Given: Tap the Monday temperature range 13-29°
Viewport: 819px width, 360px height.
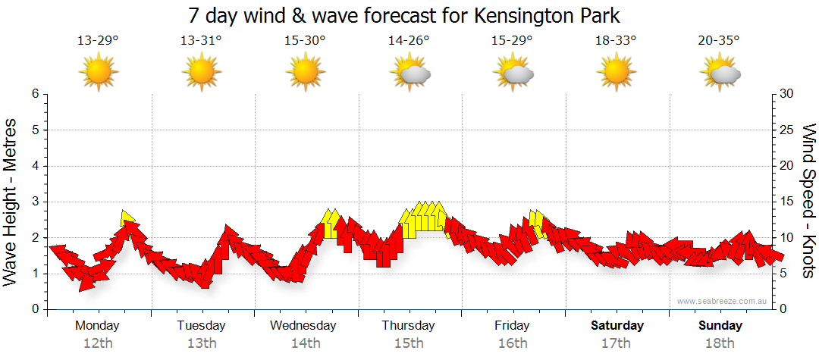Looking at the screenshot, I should [98, 40].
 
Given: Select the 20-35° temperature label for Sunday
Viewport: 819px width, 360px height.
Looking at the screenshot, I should [719, 40].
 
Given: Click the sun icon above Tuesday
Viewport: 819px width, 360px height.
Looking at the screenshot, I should [202, 72].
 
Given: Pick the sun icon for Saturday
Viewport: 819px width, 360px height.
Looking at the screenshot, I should [616, 72].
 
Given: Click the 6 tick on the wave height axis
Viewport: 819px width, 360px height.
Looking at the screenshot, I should [35, 94].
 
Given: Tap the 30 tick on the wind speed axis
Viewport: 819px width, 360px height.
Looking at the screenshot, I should [786, 94].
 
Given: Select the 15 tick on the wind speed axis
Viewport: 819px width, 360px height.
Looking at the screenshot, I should [786, 202].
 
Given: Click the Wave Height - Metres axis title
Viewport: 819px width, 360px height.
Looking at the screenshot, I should [11, 202].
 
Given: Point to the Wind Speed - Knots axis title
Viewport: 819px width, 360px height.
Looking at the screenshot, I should [808, 202].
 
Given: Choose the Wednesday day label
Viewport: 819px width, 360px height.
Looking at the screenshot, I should [303, 326].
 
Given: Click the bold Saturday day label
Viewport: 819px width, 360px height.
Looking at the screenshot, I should [617, 326].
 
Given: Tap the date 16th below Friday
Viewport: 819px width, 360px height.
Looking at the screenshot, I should [513, 343].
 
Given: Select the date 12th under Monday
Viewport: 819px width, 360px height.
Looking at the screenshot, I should [98, 343].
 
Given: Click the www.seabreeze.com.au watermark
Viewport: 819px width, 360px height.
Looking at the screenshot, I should [723, 301].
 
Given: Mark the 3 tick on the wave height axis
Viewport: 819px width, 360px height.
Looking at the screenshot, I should [35, 202].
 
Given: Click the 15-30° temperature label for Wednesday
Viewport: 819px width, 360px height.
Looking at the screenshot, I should [305, 40].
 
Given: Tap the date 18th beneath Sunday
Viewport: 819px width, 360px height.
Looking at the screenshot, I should [720, 343].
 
